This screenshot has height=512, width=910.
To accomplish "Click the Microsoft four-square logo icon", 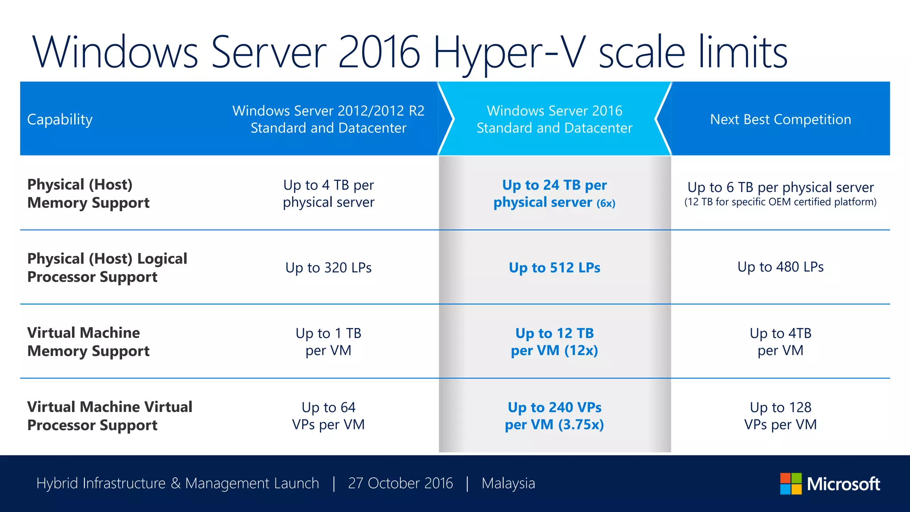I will tap(790, 484).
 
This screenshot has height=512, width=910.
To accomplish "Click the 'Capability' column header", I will tap(60, 119).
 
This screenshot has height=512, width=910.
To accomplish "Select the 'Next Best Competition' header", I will tap(780, 119).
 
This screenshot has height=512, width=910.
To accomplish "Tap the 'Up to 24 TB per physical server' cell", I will tap(554, 193).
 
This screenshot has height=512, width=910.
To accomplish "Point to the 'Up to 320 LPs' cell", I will tap(328, 268).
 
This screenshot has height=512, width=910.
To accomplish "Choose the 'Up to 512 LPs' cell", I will tap(555, 268).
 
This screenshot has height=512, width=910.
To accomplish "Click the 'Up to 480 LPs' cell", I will tap(780, 267).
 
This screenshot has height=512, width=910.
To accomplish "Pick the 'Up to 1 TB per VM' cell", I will tap(328, 342).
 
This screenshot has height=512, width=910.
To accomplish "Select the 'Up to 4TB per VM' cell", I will tap(780, 342).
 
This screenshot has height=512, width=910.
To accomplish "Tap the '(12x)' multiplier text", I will tap(581, 351).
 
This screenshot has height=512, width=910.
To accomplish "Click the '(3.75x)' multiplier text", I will tap(581, 425).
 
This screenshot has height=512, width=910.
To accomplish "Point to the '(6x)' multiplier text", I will tap(606, 204).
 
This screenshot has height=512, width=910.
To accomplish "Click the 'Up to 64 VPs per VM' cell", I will tap(328, 416).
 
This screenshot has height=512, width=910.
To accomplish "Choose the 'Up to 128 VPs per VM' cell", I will tap(780, 416).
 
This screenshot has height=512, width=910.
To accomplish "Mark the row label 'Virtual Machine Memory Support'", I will tap(88, 342).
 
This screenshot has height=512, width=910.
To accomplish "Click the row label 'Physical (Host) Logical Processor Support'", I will tap(107, 268).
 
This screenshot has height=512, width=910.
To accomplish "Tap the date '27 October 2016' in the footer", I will tap(400, 483).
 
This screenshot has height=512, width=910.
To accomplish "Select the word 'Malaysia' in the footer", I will tap(508, 483).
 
